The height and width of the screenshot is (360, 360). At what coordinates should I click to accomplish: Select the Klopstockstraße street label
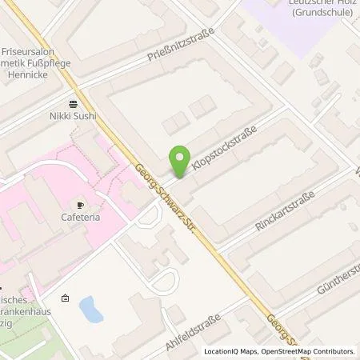pyautogui.click(x=224, y=150)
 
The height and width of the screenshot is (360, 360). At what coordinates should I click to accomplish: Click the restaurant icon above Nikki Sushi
pyautogui.click(x=74, y=104)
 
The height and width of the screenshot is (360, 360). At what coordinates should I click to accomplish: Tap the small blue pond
pyautogui.click(x=91, y=308)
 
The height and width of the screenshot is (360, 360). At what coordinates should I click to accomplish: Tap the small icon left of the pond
pyautogui.click(x=65, y=299)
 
